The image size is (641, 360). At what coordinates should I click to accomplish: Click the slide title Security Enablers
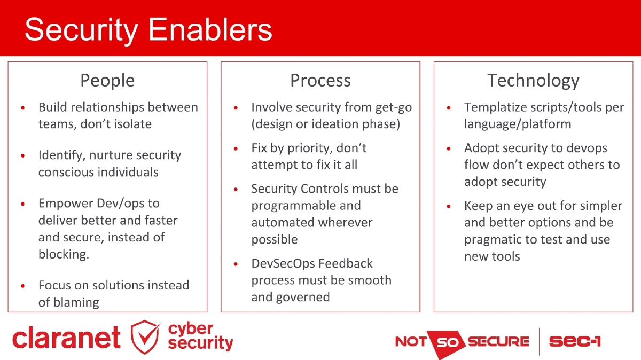pyautogui.click(x=148, y=29)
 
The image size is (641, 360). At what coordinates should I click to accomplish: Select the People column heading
pyautogui.click(x=107, y=81)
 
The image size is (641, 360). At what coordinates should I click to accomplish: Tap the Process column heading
pyautogui.click(x=320, y=81)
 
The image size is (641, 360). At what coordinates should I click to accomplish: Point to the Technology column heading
pyautogui.click(x=533, y=81)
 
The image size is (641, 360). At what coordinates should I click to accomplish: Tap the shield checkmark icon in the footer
pyautogui.click(x=146, y=337)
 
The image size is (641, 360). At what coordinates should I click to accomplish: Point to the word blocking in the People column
pyautogui.click(x=63, y=254)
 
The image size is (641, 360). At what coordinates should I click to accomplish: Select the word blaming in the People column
pyautogui.click(x=68, y=302)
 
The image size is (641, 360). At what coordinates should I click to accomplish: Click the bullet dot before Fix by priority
pyautogui.click(x=236, y=148)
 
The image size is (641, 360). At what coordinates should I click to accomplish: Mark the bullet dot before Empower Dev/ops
pyautogui.click(x=23, y=204)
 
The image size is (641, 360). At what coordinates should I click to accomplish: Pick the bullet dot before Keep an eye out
pyautogui.click(x=449, y=206)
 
